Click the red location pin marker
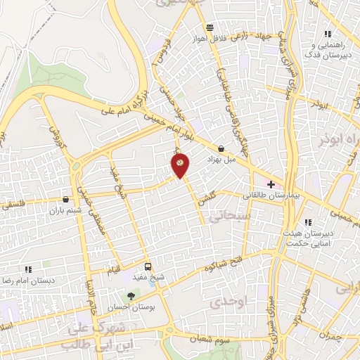pyautogui.click(x=181, y=165)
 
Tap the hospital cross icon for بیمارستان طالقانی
pyautogui.click(x=271, y=184)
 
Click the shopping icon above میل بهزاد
pyautogui.click(x=222, y=148)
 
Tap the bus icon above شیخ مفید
pyautogui.click(x=148, y=266)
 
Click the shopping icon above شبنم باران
pyautogui.click(x=65, y=199)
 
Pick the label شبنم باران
pyautogui.click(x=65, y=210)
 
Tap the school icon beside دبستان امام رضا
pyautogui.click(x=28, y=269)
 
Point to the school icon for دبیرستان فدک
pyautogui.click(x=326, y=34)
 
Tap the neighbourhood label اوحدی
pyautogui.click(x=227, y=302)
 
